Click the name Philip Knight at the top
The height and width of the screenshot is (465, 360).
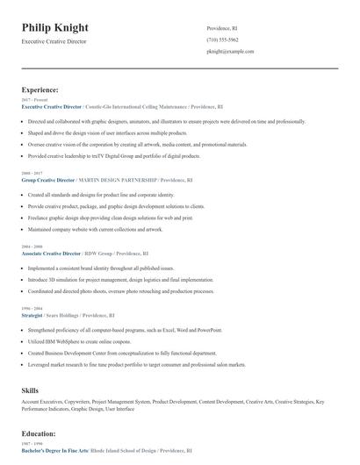54,28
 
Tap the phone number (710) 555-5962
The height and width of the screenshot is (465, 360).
223,39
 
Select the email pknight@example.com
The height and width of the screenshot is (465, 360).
230,52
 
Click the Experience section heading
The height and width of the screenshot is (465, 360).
40,89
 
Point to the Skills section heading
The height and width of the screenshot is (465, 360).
30,389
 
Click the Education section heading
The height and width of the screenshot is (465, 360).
40,433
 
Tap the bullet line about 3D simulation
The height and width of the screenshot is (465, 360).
127,279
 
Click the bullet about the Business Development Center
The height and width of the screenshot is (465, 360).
120,351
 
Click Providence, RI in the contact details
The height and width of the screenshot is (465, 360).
221,28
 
